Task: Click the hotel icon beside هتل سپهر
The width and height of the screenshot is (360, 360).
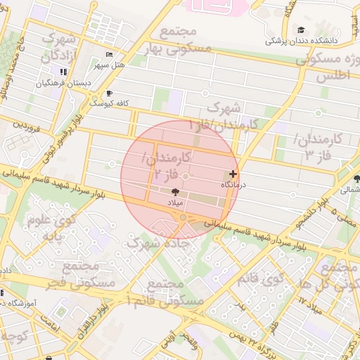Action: (x=108, y=55)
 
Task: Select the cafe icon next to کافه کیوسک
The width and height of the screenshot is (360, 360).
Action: (x=108, y=94)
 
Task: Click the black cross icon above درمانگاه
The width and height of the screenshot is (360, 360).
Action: (x=233, y=174)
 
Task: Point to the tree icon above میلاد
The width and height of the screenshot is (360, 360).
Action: (x=174, y=191)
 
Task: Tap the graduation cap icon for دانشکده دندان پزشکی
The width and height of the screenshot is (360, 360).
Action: (x=302, y=30)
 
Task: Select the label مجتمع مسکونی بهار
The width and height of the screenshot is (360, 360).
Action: (x=185, y=41)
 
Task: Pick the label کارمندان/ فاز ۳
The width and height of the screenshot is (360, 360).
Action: (x=318, y=146)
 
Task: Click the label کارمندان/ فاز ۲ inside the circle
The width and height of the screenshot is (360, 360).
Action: (x=167, y=165)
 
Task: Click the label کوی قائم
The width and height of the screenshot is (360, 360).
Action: (x=272, y=280)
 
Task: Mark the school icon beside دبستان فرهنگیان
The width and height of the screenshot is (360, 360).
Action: (x=64, y=72)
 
